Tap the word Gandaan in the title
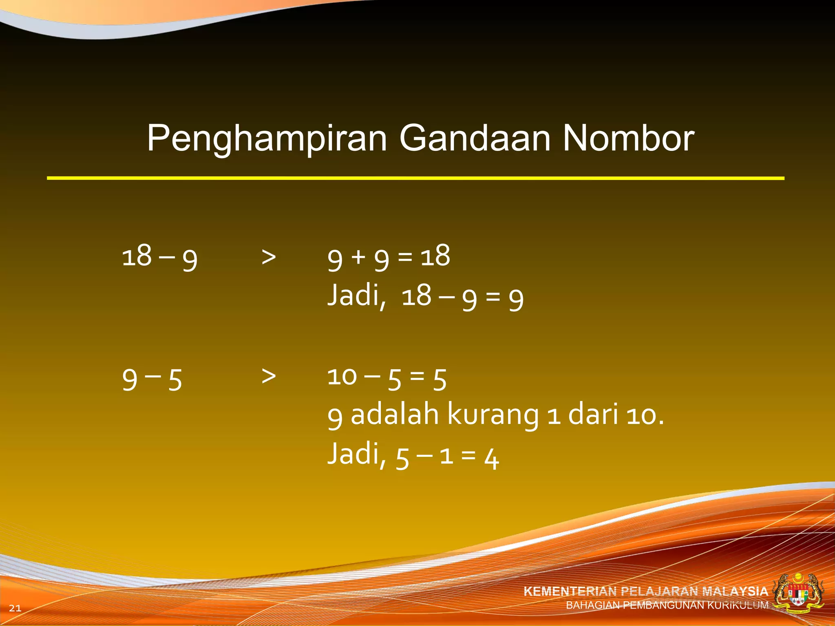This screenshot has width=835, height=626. (475, 138)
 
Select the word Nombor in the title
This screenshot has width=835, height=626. (628, 138)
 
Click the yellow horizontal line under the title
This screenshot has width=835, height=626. (415, 178)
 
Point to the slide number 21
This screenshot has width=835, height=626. (15, 608)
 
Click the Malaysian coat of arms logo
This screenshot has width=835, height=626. (798, 593)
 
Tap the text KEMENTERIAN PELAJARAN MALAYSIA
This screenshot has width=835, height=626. (645, 591)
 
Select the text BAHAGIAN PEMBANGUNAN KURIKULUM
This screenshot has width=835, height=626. (667, 605)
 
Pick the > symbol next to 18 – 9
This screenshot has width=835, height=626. (269, 257)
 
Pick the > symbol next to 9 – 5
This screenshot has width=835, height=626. (269, 376)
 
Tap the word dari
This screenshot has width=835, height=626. (593, 414)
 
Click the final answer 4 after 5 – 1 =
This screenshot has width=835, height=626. (492, 458)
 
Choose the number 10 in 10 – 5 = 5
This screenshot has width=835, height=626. (342, 377)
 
